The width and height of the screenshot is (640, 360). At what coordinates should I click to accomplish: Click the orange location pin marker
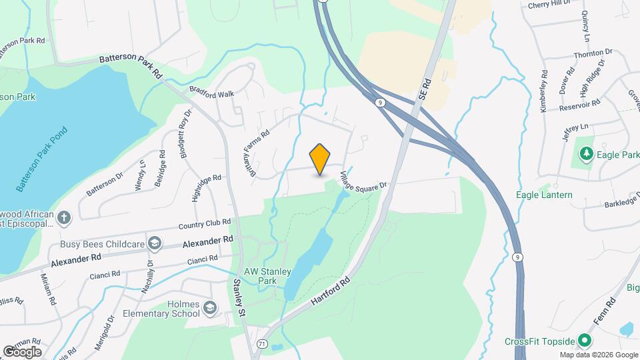[320, 159]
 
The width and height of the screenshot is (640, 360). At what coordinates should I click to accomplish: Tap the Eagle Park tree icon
[587, 155]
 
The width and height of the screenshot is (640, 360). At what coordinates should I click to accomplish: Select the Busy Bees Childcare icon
[155, 244]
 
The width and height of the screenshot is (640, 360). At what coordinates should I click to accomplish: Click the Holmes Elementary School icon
[211, 307]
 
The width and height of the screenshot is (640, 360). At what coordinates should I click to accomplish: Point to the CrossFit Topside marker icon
[584, 341]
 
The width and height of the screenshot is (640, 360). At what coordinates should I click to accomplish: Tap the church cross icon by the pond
[63, 217]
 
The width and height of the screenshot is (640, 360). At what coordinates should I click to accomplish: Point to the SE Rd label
[426, 89]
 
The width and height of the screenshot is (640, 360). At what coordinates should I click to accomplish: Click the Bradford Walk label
[212, 93]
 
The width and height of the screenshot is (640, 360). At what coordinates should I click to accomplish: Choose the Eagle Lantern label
[544, 195]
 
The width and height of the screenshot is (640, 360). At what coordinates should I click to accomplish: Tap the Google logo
[22, 351]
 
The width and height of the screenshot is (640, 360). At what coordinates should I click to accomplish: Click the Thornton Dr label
[592, 53]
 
